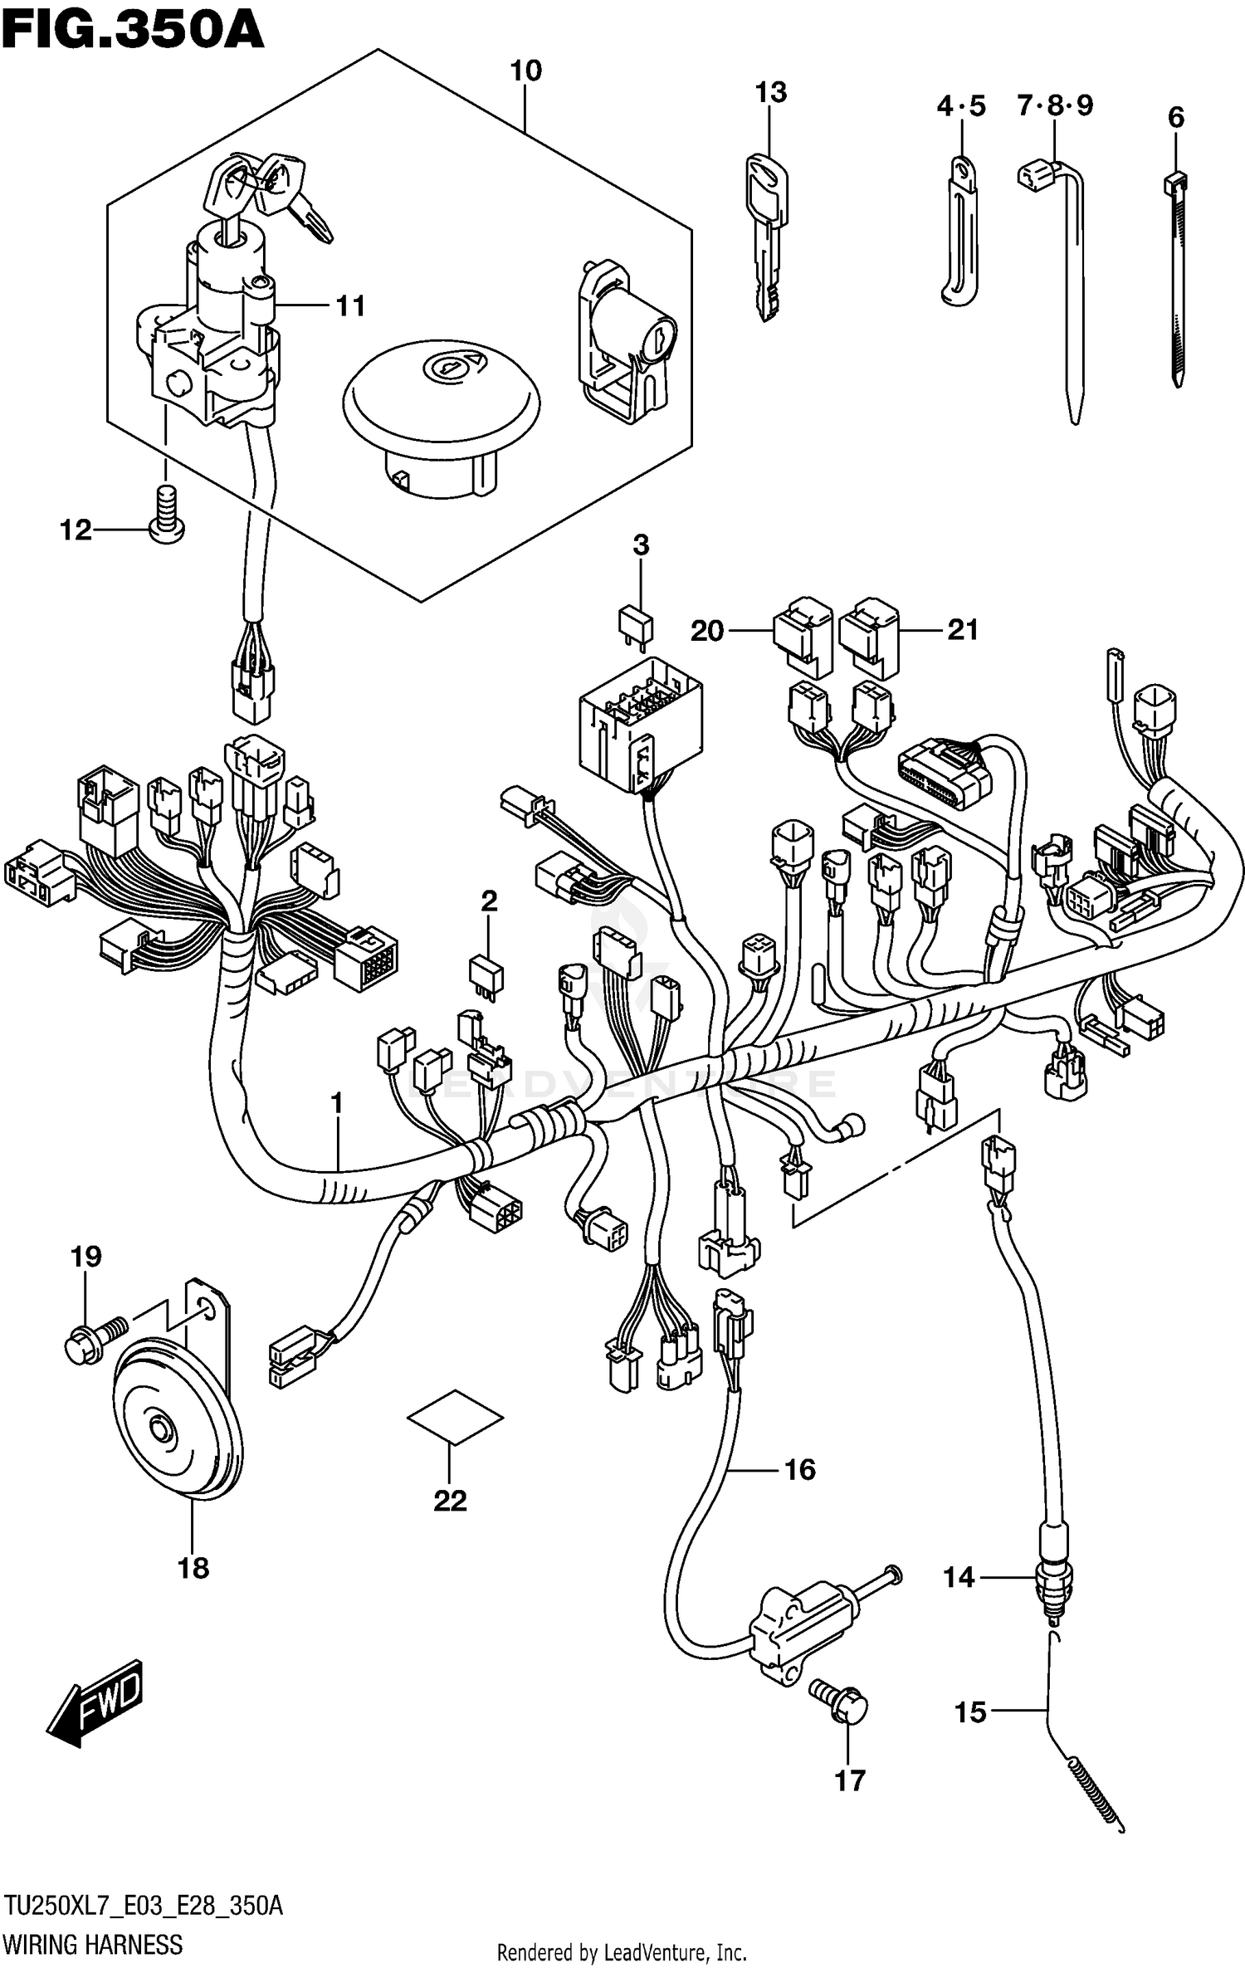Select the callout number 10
pyautogui.click(x=525, y=71)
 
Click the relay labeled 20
pyautogui.click(x=803, y=635)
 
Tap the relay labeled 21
pyautogui.click(x=869, y=635)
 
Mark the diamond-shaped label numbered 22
pyautogui.click(x=454, y=1417)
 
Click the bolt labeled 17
pyautogui.click(x=841, y=1701)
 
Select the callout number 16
pyautogui.click(x=799, y=1470)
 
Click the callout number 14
pyautogui.click(x=959, y=1577)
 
